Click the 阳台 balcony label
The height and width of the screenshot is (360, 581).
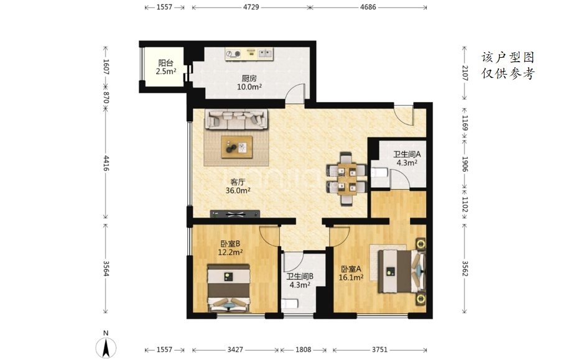[x=165, y=63]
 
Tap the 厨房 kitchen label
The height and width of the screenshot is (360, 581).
[x=249, y=78]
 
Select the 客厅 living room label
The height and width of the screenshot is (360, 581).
[x=238, y=182]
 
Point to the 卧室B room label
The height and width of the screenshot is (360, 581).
[x=230, y=244]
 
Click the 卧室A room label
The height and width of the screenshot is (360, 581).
[x=351, y=269]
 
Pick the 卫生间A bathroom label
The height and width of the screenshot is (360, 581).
[x=407, y=154]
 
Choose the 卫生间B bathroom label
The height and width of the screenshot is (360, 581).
[x=300, y=276]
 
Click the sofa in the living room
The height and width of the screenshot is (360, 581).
[x=237, y=119]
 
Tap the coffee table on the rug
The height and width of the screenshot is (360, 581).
[x=237, y=147]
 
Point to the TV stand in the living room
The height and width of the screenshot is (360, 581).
[x=235, y=214]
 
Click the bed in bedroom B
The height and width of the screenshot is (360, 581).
[x=228, y=288]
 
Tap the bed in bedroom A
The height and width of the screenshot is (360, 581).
[x=402, y=270]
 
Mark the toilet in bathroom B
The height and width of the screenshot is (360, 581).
[x=289, y=303]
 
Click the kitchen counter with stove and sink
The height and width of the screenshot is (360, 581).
[x=249, y=54]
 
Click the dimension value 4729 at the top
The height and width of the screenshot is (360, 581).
[x=251, y=7]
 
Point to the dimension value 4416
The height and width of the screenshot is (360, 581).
[x=106, y=164]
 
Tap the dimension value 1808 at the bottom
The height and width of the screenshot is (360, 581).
[x=303, y=349]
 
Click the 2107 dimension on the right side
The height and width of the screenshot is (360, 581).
[x=465, y=73]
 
